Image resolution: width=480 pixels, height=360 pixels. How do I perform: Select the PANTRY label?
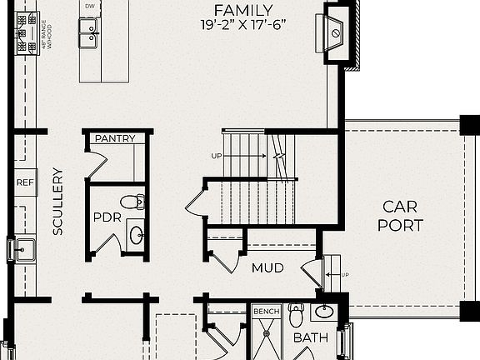click(115, 138)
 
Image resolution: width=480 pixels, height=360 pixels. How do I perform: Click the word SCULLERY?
click(57, 201)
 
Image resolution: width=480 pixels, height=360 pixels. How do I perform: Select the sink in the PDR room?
click(136, 234)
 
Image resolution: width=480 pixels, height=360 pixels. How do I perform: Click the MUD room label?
click(268, 268)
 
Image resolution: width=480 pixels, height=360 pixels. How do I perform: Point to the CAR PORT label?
click(401, 215)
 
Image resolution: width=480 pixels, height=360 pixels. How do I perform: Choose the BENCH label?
click(266, 312)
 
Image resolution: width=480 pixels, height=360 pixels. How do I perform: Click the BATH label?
click(310, 338)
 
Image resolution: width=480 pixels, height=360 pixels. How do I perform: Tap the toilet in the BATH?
click(296, 315)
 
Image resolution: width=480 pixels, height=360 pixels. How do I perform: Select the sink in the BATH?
click(324, 312)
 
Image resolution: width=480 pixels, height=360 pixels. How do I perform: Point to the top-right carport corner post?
click(469, 125)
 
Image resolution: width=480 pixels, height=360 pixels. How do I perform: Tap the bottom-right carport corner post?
click(469, 311)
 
